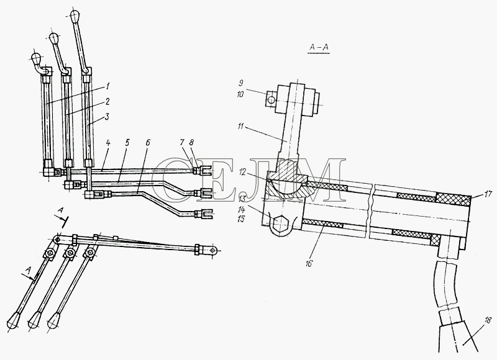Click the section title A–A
(319, 48)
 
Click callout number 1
(107, 86)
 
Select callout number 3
(107, 117)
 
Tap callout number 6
(148, 143)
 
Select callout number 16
(309, 263)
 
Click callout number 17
(487, 194)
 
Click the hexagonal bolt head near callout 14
(281, 221)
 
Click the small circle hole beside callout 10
(270, 100)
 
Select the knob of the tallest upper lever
(75, 16)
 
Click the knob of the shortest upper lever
(37, 58)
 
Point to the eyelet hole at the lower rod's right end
(212, 251)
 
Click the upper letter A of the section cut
(61, 210)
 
